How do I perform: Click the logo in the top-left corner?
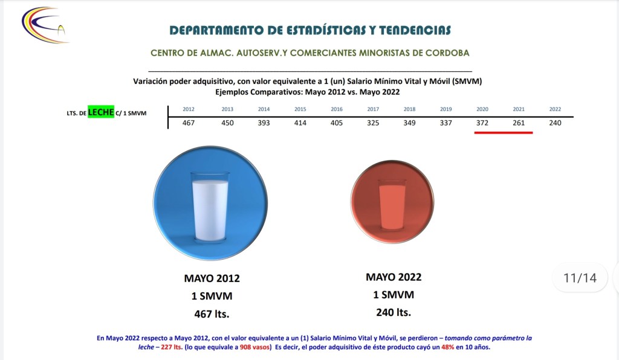tap(45, 25)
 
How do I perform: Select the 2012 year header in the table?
tap(189, 109)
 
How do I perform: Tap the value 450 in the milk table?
tap(227, 123)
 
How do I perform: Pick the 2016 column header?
tap(337, 109)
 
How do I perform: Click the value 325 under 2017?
tap(373, 123)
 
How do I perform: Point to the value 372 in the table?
tap(482, 123)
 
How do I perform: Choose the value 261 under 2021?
tap(519, 123)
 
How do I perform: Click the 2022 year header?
tap(555, 109)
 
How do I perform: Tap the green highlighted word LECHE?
tap(101, 112)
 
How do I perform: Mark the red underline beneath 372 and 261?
tap(504, 133)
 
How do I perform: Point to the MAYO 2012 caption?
tap(212, 278)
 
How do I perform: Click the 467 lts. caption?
tap(212, 314)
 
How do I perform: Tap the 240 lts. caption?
tap(394, 313)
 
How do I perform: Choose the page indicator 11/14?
tap(580, 278)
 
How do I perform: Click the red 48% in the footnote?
tap(448, 347)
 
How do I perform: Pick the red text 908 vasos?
tap(254, 347)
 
